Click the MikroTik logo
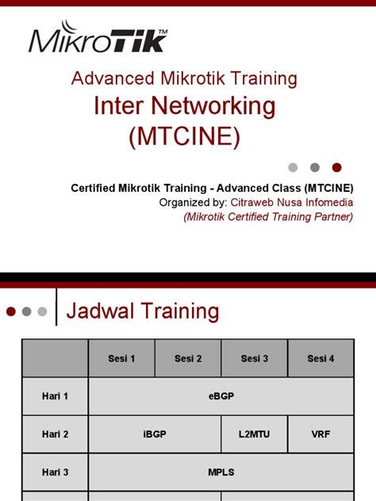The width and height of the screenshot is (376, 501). (x=98, y=40)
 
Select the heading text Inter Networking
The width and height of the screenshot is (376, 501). (x=185, y=105)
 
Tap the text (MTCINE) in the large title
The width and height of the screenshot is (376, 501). (x=185, y=136)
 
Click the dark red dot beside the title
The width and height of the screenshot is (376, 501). (x=336, y=167)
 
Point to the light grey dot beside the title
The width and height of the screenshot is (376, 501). (x=293, y=167)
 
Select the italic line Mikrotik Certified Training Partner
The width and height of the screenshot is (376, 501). (x=268, y=216)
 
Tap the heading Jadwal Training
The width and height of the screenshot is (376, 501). (x=143, y=312)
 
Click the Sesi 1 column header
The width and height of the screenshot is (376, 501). (x=121, y=358)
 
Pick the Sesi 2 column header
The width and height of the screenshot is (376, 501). (x=188, y=358)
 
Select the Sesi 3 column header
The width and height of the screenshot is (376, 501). (x=255, y=358)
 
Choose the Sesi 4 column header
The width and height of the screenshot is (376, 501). (x=320, y=358)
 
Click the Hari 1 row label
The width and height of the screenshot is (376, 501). (x=56, y=396)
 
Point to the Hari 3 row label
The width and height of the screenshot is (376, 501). (x=56, y=472)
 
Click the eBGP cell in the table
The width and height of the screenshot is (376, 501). (x=221, y=396)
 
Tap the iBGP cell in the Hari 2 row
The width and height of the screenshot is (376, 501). (x=155, y=434)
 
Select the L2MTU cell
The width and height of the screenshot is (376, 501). (x=255, y=434)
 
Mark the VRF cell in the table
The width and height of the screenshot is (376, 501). (x=320, y=434)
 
